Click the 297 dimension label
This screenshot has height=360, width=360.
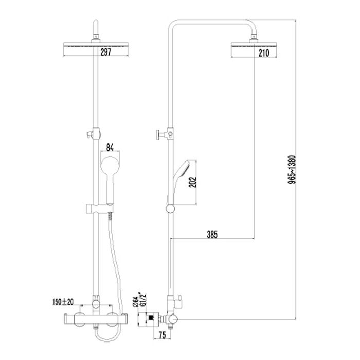click(x=105, y=52)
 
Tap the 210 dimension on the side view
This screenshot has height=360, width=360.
click(x=264, y=53)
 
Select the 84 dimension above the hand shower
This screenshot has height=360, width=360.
click(x=110, y=148)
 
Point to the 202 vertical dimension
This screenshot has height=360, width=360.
click(x=193, y=182)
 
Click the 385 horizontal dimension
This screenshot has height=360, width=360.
click(x=212, y=235)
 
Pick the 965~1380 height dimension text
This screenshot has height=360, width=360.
click(x=292, y=169)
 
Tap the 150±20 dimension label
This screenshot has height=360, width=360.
click(x=63, y=302)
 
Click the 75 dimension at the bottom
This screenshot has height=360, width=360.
click(x=163, y=335)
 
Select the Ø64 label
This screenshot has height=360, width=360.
click(x=135, y=302)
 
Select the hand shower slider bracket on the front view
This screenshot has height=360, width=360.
click(x=100, y=209)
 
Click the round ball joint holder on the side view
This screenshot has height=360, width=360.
click(x=170, y=209)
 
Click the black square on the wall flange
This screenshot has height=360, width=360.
click(x=151, y=318)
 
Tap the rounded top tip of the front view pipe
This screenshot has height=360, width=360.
click(x=96, y=21)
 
